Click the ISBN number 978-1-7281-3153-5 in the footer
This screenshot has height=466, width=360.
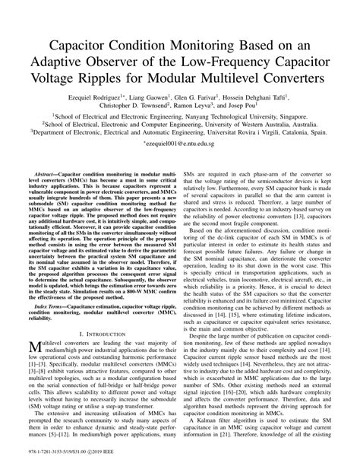pyautogui.click(x=47, y=455)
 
